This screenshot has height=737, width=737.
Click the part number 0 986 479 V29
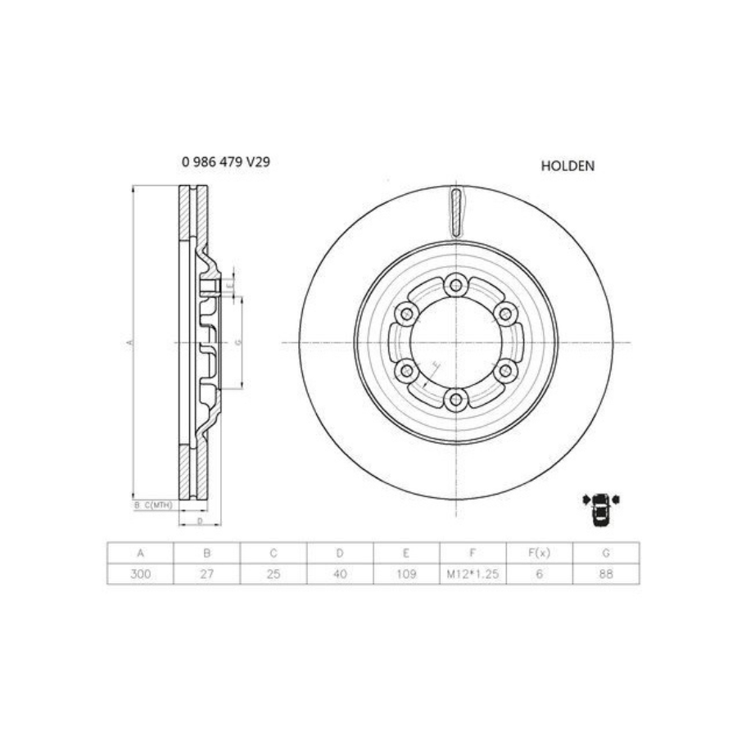click(x=225, y=162)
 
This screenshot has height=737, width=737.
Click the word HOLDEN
click(x=567, y=165)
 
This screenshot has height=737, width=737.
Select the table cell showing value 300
click(x=140, y=574)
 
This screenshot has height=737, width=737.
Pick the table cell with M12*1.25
click(x=473, y=574)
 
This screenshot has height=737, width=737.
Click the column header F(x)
click(x=540, y=553)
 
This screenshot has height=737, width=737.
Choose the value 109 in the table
click(x=407, y=574)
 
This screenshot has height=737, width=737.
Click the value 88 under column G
click(x=607, y=574)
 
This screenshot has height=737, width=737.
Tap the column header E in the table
click(x=407, y=553)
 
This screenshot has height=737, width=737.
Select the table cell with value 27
click(x=206, y=574)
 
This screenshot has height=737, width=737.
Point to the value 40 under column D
click(x=340, y=574)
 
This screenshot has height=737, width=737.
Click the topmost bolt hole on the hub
click(x=455, y=286)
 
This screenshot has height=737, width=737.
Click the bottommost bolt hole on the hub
click(x=455, y=400)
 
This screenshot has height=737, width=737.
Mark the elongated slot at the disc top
click(x=456, y=210)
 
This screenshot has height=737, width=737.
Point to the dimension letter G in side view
click(x=237, y=342)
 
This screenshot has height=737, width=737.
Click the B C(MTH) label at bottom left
click(x=154, y=505)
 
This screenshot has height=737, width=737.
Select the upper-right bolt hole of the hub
click(x=505, y=314)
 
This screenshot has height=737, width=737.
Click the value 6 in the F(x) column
click(x=540, y=574)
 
